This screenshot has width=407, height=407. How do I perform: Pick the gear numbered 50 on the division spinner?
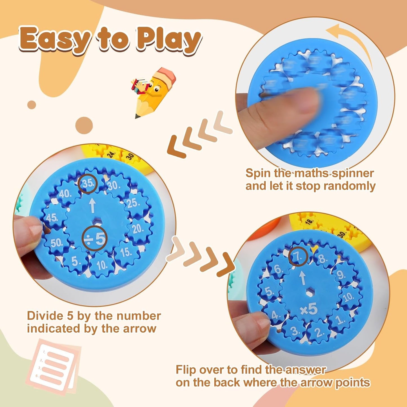57,243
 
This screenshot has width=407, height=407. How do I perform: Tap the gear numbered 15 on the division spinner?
126,252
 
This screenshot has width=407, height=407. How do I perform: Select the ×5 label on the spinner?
309,310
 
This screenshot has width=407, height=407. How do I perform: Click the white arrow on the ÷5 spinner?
92,206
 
